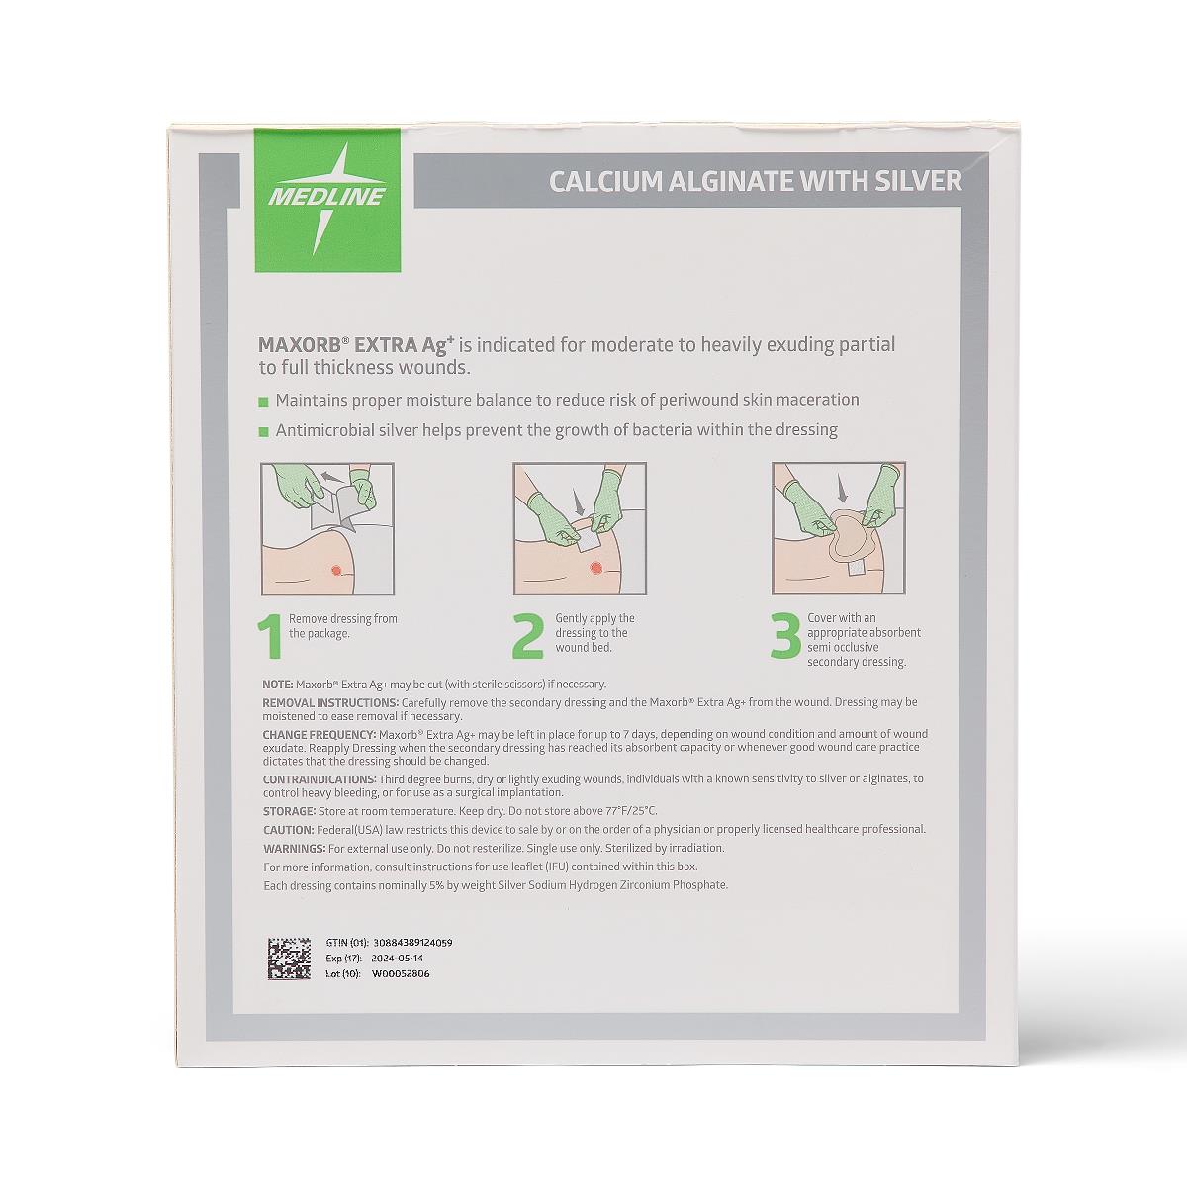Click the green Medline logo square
coord(327,200)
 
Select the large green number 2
coord(528,636)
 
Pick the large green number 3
coord(786,636)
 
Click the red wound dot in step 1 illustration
coord(336,570)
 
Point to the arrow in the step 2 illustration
coord(578,502)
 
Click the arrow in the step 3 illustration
coord(843,491)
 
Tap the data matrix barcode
coord(290,959)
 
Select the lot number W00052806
coord(401,974)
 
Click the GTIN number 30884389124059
coord(412,943)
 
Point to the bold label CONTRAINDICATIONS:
coord(320,779)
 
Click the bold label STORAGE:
coord(289,811)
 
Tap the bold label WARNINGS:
coord(294,848)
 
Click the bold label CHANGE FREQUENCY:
coord(320,734)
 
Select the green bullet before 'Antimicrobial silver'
coord(264,432)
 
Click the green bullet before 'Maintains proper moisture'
coord(264,403)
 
